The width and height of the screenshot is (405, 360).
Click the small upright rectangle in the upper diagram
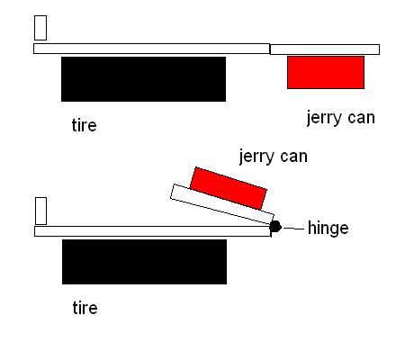40,28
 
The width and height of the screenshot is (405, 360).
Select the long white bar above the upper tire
151,49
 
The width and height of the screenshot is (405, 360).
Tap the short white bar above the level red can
325,49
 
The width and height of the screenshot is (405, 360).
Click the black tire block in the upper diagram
143,79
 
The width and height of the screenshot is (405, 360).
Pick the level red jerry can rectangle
326,72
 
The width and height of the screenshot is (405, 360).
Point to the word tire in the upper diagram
85,125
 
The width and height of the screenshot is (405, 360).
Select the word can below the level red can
361,118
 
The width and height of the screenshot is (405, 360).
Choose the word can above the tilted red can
294,157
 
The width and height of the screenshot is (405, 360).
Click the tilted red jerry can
229,188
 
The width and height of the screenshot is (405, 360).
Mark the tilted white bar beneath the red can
222,204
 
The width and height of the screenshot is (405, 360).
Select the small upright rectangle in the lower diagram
40,211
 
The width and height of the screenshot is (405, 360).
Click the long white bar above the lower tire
153,231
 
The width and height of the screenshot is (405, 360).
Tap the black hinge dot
275,227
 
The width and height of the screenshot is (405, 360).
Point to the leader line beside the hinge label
293,229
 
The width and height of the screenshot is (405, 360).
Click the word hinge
328,229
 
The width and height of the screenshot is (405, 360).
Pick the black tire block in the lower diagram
144,262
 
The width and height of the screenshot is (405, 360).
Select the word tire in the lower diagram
85,308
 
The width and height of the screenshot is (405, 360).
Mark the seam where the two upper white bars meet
270,49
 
